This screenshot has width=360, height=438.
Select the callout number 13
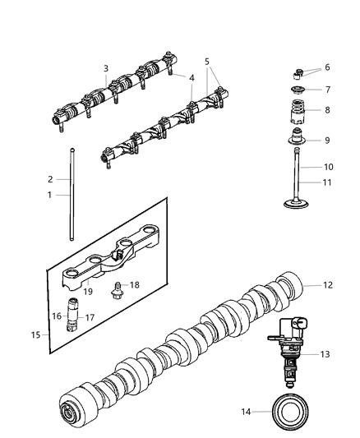coord(325,354)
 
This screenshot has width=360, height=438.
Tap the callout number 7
coord(326,89)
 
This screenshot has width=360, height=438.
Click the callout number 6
coord(326,67)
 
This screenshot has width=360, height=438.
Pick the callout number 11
coord(326,182)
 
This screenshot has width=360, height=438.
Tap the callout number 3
coord(105,68)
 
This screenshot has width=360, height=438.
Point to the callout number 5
coord(207,61)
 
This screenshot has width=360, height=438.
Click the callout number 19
coord(87,290)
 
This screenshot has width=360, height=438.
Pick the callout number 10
coord(326,167)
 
